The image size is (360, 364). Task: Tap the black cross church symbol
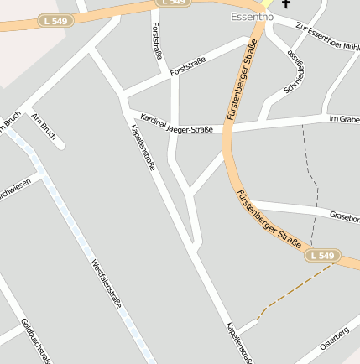pos(285,4)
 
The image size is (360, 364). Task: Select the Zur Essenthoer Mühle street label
pos(327,33)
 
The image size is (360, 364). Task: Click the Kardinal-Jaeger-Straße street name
pos(176,124)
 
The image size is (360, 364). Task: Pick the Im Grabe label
pos(344,118)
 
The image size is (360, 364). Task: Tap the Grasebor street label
pos(344,216)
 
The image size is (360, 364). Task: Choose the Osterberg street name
pos(334,336)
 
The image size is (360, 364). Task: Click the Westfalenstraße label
pos(106,283)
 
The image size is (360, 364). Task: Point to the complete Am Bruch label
pos(42,127)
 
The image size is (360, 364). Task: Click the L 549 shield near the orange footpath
pos(321,255)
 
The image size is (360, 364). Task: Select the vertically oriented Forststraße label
pos(156,40)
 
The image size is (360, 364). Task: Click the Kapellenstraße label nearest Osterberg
pos(238,343)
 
